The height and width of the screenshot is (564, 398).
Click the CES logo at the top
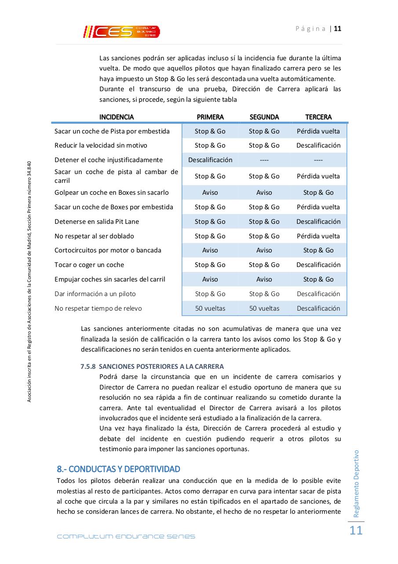[x=122, y=31]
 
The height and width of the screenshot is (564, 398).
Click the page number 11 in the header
[x=338, y=29]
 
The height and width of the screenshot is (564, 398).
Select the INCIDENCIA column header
[x=117, y=117]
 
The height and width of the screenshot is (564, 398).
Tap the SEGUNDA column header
[x=264, y=117]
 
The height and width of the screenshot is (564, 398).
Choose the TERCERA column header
[x=318, y=117]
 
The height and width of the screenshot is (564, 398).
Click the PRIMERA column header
[x=210, y=117]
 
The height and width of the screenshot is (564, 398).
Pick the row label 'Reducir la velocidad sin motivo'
[x=101, y=145]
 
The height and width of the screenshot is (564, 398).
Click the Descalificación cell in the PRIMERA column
[x=210, y=160]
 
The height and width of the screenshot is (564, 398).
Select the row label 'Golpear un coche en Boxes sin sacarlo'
[x=111, y=193]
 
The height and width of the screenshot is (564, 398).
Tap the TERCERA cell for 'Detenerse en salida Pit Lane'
[x=318, y=222]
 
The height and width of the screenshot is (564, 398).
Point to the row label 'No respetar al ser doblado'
[x=94, y=236]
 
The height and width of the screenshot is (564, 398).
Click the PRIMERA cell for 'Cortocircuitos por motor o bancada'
[x=210, y=250]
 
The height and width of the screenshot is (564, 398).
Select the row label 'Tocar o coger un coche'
[x=89, y=265]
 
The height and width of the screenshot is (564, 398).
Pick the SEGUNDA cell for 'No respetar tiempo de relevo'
[x=264, y=308]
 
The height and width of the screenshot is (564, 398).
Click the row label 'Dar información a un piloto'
[x=95, y=294]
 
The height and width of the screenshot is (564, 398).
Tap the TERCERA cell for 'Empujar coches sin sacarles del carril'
[x=318, y=279]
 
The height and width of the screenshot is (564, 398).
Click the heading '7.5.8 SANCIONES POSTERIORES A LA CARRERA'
[x=152, y=366]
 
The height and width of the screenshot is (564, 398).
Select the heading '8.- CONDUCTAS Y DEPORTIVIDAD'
[x=118, y=468]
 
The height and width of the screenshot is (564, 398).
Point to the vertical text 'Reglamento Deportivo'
[x=356, y=483]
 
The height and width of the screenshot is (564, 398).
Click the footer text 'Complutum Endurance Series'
[x=126, y=536]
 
